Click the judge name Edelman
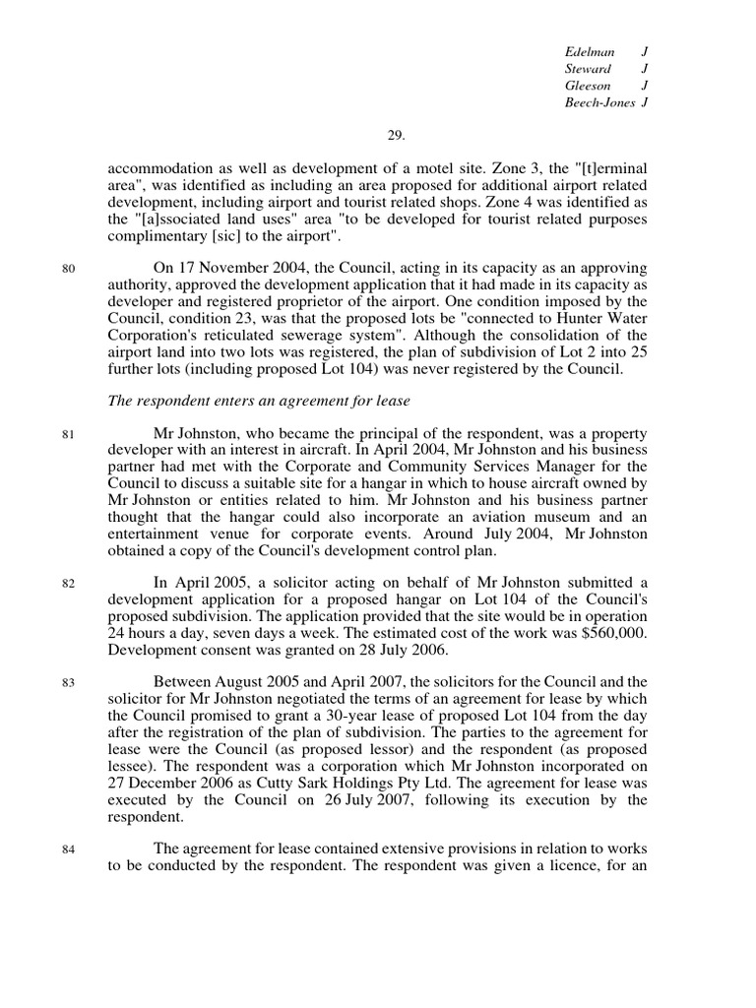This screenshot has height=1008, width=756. click(588, 51)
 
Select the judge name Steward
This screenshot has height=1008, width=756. click(588, 68)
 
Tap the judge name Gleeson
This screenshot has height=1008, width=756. click(588, 86)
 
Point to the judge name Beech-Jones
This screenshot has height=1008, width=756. click(599, 102)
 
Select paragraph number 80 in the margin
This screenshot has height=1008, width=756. click(68, 269)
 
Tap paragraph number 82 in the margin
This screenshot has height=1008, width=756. click(68, 584)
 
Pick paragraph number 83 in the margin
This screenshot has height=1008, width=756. click(68, 682)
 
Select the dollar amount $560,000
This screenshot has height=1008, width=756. click(615, 633)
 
